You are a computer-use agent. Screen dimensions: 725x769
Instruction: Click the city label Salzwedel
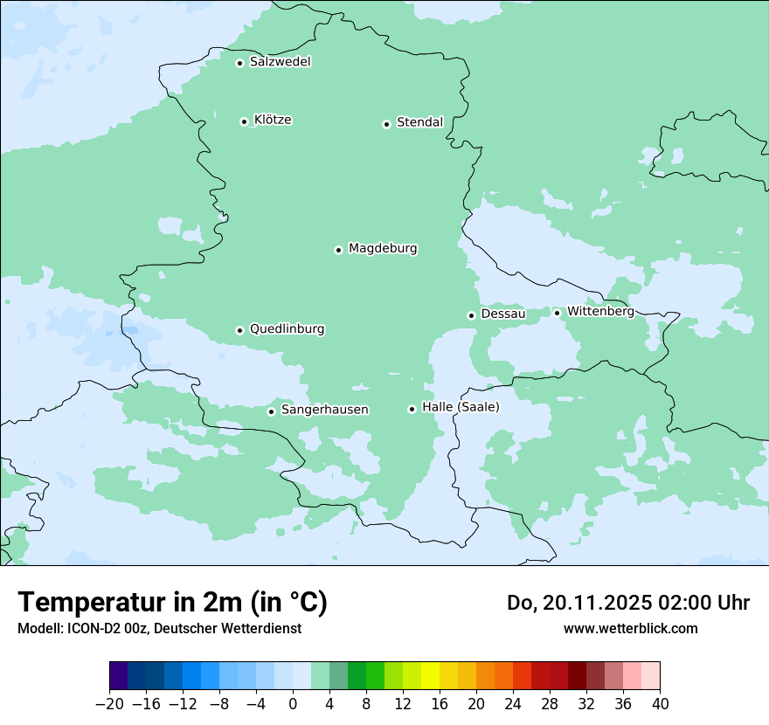click(x=280, y=62)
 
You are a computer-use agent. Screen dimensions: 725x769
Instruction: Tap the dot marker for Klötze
click(x=244, y=121)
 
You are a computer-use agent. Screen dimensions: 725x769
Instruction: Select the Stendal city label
click(x=419, y=122)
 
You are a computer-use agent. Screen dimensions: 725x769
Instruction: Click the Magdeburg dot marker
click(x=338, y=250)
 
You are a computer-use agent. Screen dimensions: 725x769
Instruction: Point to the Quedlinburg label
click(x=287, y=329)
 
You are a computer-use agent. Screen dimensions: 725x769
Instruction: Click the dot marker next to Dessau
click(x=471, y=315)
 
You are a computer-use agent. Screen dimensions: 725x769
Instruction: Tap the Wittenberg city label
click(x=600, y=312)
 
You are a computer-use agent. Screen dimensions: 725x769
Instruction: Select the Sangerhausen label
click(x=324, y=410)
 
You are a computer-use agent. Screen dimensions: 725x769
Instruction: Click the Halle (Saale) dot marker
click(x=412, y=409)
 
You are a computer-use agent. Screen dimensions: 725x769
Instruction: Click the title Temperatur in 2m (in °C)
click(x=172, y=603)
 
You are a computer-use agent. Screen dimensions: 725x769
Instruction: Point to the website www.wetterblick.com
click(x=630, y=629)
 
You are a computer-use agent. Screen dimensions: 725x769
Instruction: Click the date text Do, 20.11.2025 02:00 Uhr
click(x=628, y=603)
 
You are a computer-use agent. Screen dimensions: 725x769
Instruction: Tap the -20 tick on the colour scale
click(x=109, y=704)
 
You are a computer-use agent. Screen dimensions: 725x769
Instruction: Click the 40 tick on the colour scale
click(x=660, y=704)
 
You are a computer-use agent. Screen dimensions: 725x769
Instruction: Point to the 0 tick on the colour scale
click(x=293, y=704)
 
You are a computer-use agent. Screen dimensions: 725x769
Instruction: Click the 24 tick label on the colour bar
click(x=513, y=704)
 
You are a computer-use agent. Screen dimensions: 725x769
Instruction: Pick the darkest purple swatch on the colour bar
click(x=118, y=676)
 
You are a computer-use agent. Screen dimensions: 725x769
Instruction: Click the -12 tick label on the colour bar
click(x=183, y=704)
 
